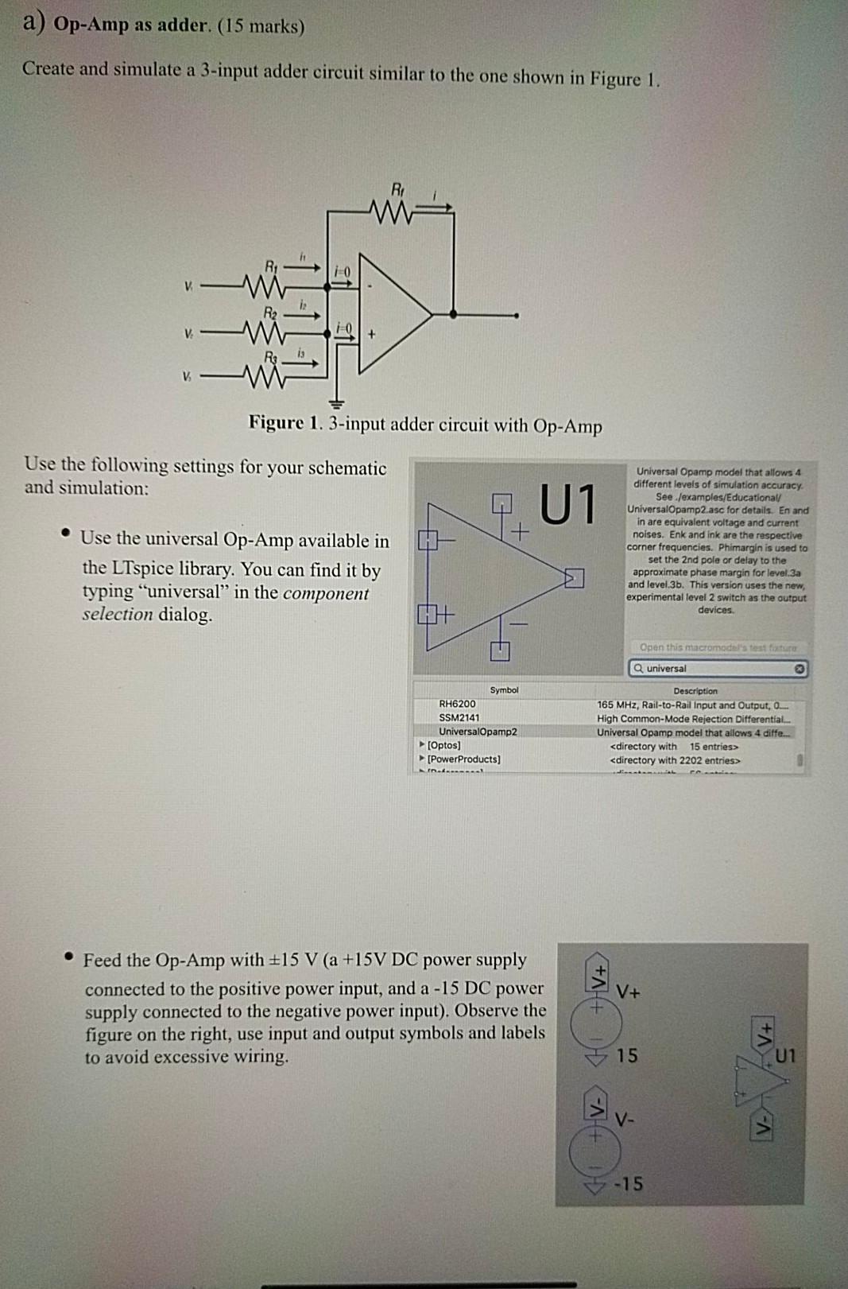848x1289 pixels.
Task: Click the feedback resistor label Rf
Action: click(397, 189)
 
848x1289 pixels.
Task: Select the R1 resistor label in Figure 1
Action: click(271, 265)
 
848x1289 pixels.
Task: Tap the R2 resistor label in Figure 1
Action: click(272, 311)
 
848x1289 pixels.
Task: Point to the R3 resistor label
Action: click(272, 355)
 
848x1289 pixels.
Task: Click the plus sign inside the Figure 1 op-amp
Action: click(371, 335)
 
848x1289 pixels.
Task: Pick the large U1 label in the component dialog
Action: click(567, 505)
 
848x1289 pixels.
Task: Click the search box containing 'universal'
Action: click(715, 669)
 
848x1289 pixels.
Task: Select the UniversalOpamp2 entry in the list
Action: click(478, 732)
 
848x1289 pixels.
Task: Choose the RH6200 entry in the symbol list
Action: click(457, 704)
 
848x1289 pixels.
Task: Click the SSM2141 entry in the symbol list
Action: click(459, 717)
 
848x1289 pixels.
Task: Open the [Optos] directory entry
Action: click(443, 745)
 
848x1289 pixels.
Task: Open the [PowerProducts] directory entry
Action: click(463, 759)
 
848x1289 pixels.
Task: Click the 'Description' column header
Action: click(695, 691)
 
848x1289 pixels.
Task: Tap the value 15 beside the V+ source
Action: click(627, 1056)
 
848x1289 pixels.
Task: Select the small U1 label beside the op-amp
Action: click(784, 1057)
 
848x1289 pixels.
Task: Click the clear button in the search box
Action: click(800, 669)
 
